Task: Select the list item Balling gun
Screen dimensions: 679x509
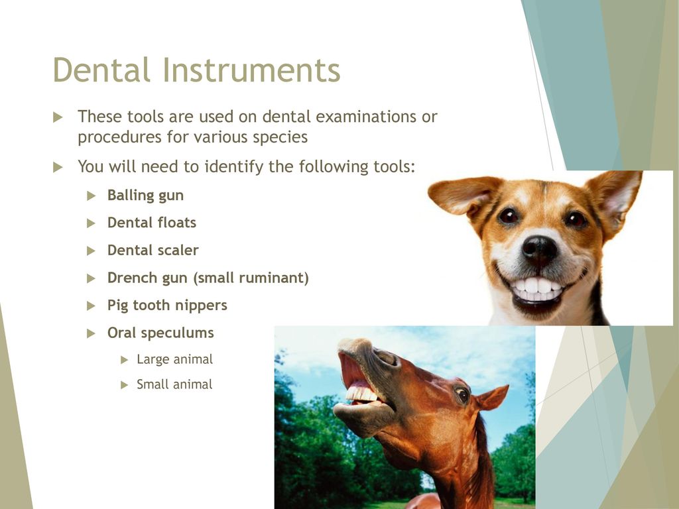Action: pos(145,196)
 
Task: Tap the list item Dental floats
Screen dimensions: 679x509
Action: pos(152,223)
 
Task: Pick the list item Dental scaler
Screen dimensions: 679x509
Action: pos(153,250)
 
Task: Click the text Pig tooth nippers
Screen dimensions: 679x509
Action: pos(167,306)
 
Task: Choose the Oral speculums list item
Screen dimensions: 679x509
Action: pos(160,333)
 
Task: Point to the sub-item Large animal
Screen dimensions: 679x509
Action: pos(174,359)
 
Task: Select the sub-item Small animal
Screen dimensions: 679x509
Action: pos(174,384)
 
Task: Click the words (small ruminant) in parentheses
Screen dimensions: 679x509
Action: pos(251,278)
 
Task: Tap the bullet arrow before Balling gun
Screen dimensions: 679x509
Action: pos(91,196)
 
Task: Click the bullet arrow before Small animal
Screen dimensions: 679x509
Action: pos(124,385)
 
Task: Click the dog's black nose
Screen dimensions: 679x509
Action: pos(539,249)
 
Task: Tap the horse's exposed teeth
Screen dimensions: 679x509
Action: pos(362,394)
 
